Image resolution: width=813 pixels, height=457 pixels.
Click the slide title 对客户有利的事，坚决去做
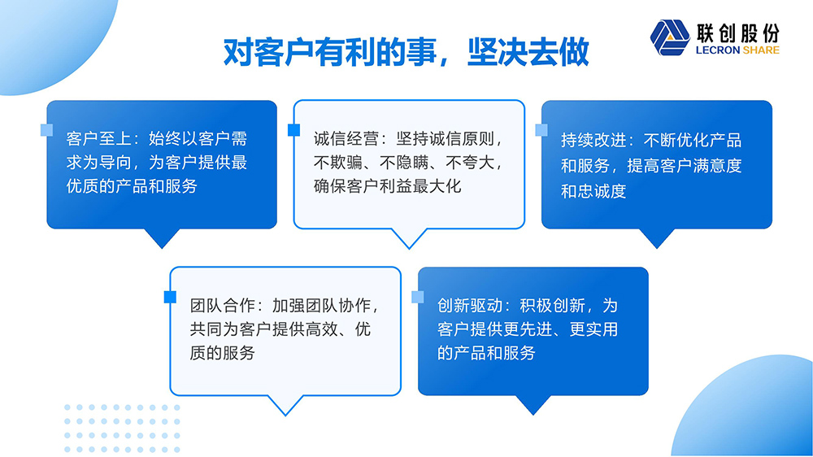[406, 52]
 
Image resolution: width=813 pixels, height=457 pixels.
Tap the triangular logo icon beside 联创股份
[670, 37]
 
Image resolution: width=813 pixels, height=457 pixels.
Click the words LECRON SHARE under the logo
[737, 50]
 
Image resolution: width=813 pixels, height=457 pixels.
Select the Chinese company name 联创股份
[738, 33]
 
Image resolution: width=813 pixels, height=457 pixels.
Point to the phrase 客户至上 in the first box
[98, 138]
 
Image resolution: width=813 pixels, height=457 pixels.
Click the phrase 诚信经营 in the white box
[346, 139]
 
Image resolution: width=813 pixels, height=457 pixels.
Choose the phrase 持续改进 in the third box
[593, 140]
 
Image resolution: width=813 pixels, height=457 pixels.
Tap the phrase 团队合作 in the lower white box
[222, 306]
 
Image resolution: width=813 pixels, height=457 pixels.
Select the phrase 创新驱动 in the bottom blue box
[470, 306]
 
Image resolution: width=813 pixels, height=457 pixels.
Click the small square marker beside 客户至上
[46, 129]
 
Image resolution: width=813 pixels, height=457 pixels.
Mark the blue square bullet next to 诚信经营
[294, 129]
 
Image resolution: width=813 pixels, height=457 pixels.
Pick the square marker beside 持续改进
[541, 129]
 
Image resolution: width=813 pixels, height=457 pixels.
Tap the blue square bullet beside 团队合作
[170, 297]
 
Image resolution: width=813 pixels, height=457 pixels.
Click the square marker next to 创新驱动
[417, 297]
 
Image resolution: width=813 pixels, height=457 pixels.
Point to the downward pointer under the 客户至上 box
[162, 238]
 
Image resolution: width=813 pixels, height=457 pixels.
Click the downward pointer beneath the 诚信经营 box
[409, 238]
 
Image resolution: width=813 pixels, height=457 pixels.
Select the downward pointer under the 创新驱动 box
[533, 405]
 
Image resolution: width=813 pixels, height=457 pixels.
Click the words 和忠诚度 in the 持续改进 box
[593, 191]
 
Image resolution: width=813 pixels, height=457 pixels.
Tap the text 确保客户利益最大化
[387, 186]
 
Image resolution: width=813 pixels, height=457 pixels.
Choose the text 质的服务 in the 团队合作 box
[222, 353]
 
